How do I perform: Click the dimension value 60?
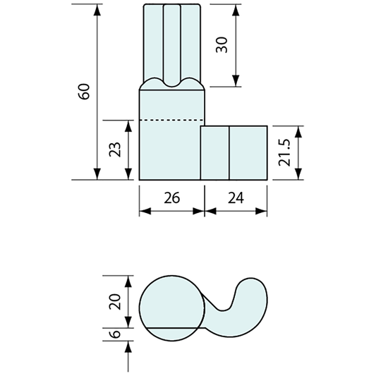pos(84,92)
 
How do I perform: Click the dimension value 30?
pos(221,46)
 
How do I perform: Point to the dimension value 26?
pos(171,198)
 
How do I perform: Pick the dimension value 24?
pos(236,198)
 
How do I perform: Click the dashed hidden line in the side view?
pos(170,121)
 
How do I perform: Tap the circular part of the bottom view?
pos(170,305)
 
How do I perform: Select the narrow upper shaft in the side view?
pos(172,42)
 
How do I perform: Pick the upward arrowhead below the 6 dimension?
pos(128,346)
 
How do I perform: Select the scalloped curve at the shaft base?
pos(172,83)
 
